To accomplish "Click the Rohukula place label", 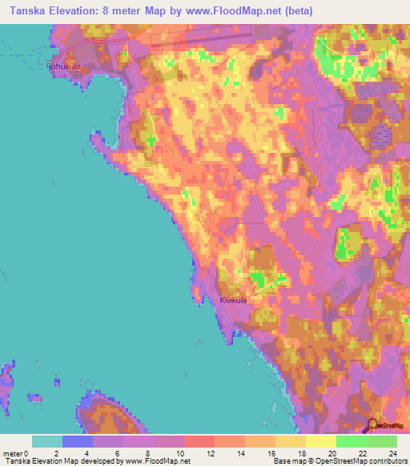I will point(65,67).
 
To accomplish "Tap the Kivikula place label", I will point(233,300).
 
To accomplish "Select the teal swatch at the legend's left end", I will point(47,441).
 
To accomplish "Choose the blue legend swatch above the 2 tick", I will point(78,441).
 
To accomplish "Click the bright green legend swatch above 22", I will point(352,441).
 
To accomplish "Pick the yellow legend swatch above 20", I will point(321,441).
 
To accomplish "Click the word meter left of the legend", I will point(12,453).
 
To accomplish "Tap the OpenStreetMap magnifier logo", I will point(371,425).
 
